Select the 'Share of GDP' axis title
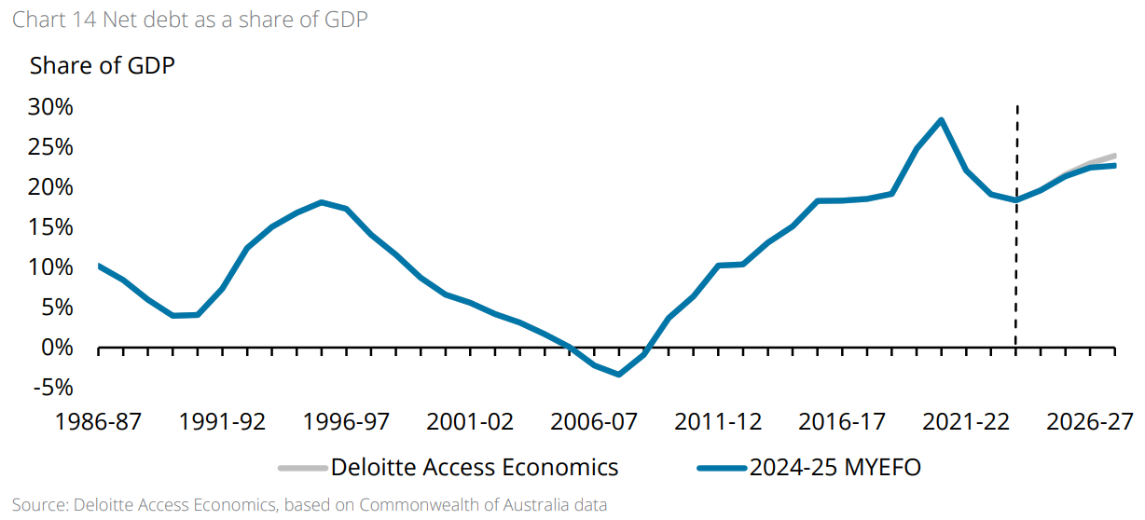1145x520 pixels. pos(102,66)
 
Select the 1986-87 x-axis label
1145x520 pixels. pos(98,421)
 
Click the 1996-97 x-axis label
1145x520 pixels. pos(346,421)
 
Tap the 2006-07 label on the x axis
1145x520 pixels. pos(594,421)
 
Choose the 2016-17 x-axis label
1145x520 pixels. pos(842,421)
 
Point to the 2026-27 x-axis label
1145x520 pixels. pos(1090,421)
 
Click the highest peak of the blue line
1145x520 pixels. pos(942,119)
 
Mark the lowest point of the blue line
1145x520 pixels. pos(619,375)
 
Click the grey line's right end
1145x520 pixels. pos(1114,156)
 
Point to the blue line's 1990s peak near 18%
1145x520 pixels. pos(321,202)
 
